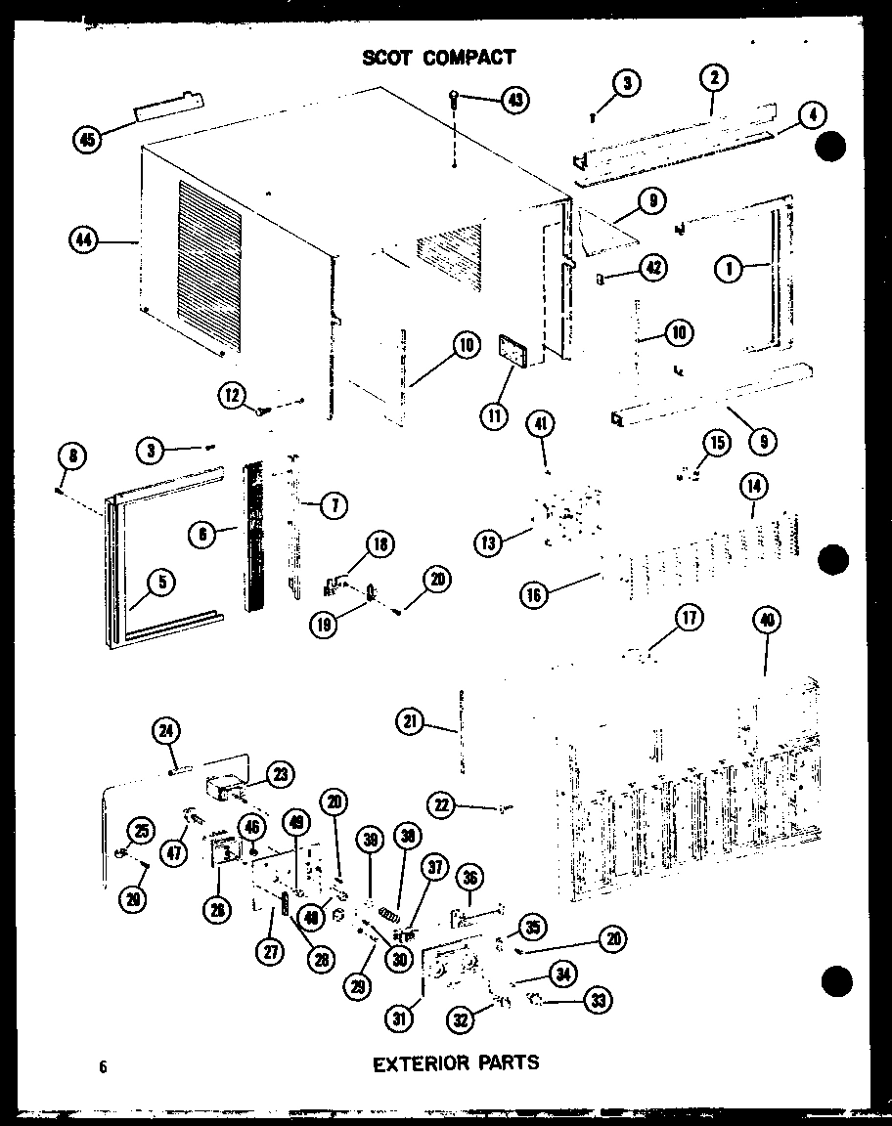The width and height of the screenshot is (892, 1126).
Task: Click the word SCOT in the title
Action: click(x=389, y=58)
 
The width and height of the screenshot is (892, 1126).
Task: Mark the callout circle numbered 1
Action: click(x=729, y=267)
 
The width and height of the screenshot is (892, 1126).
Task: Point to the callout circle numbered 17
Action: click(x=690, y=617)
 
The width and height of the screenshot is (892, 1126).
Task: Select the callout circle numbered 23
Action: click(x=280, y=774)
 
